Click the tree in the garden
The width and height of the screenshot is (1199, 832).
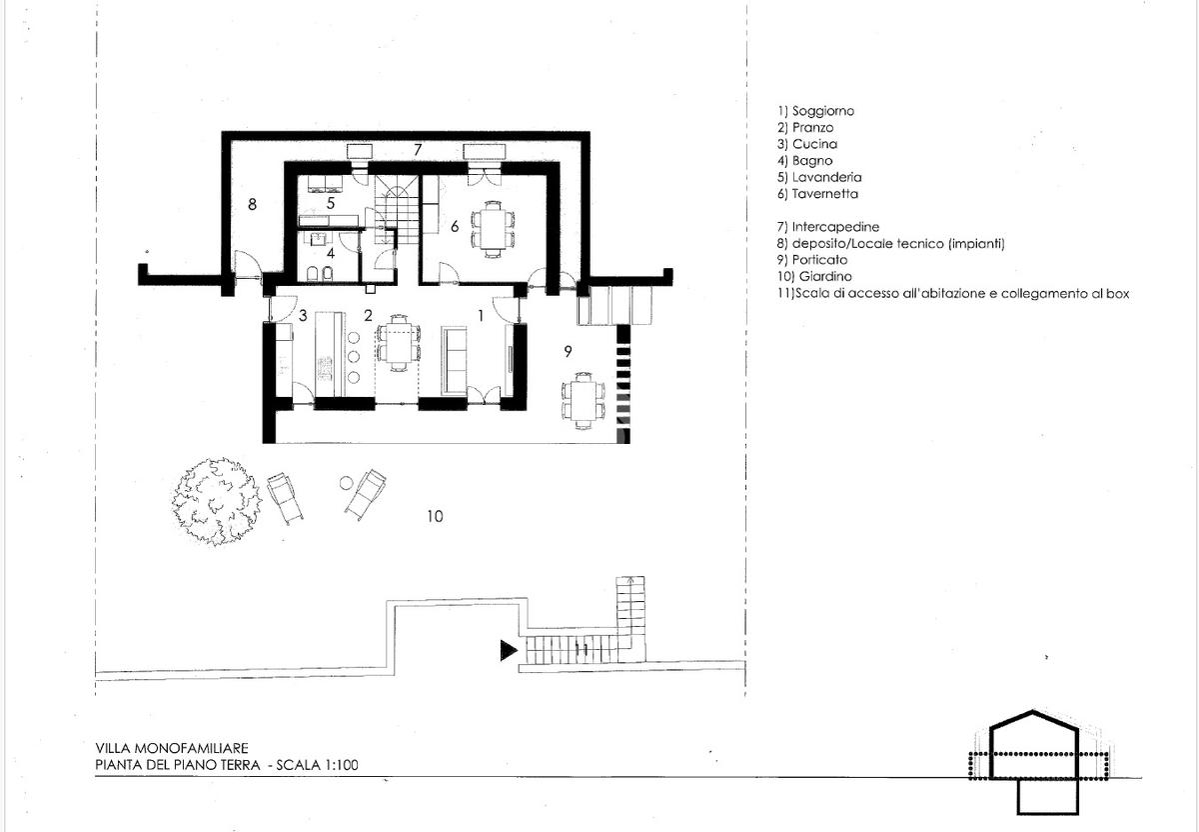(x=216, y=501)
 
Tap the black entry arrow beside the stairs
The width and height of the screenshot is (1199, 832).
(x=509, y=650)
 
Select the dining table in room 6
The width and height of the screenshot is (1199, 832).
(x=493, y=228)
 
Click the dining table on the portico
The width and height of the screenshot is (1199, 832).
(x=583, y=400)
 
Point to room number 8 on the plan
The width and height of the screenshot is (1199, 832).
(x=252, y=204)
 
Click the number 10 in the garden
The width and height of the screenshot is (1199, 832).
(x=435, y=516)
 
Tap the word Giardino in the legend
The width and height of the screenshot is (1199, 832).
(x=825, y=276)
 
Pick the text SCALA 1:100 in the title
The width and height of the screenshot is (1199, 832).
(x=317, y=765)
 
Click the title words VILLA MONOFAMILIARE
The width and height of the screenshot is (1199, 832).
(x=172, y=748)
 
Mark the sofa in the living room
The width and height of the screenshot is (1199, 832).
(x=454, y=361)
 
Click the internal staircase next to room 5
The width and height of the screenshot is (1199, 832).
(x=396, y=209)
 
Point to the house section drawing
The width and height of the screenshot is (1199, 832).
(x=1034, y=762)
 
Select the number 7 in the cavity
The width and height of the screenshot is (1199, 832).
(x=418, y=149)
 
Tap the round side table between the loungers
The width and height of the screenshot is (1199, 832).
(x=347, y=483)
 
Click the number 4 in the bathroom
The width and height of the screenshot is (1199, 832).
(x=331, y=253)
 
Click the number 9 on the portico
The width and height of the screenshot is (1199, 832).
(x=568, y=351)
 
